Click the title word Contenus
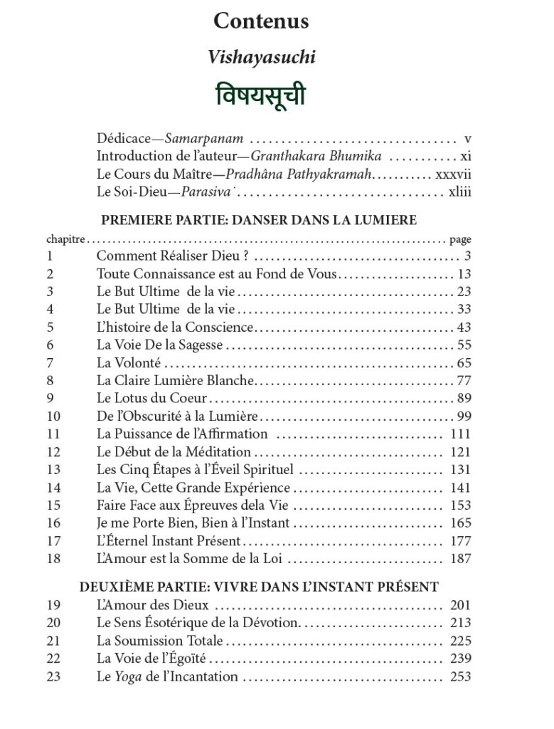point(261,21)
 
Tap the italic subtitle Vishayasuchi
point(261,58)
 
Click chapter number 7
point(50,363)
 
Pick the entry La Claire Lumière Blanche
point(176,381)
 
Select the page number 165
point(460,523)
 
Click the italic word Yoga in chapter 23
point(129,676)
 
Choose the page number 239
point(460,659)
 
